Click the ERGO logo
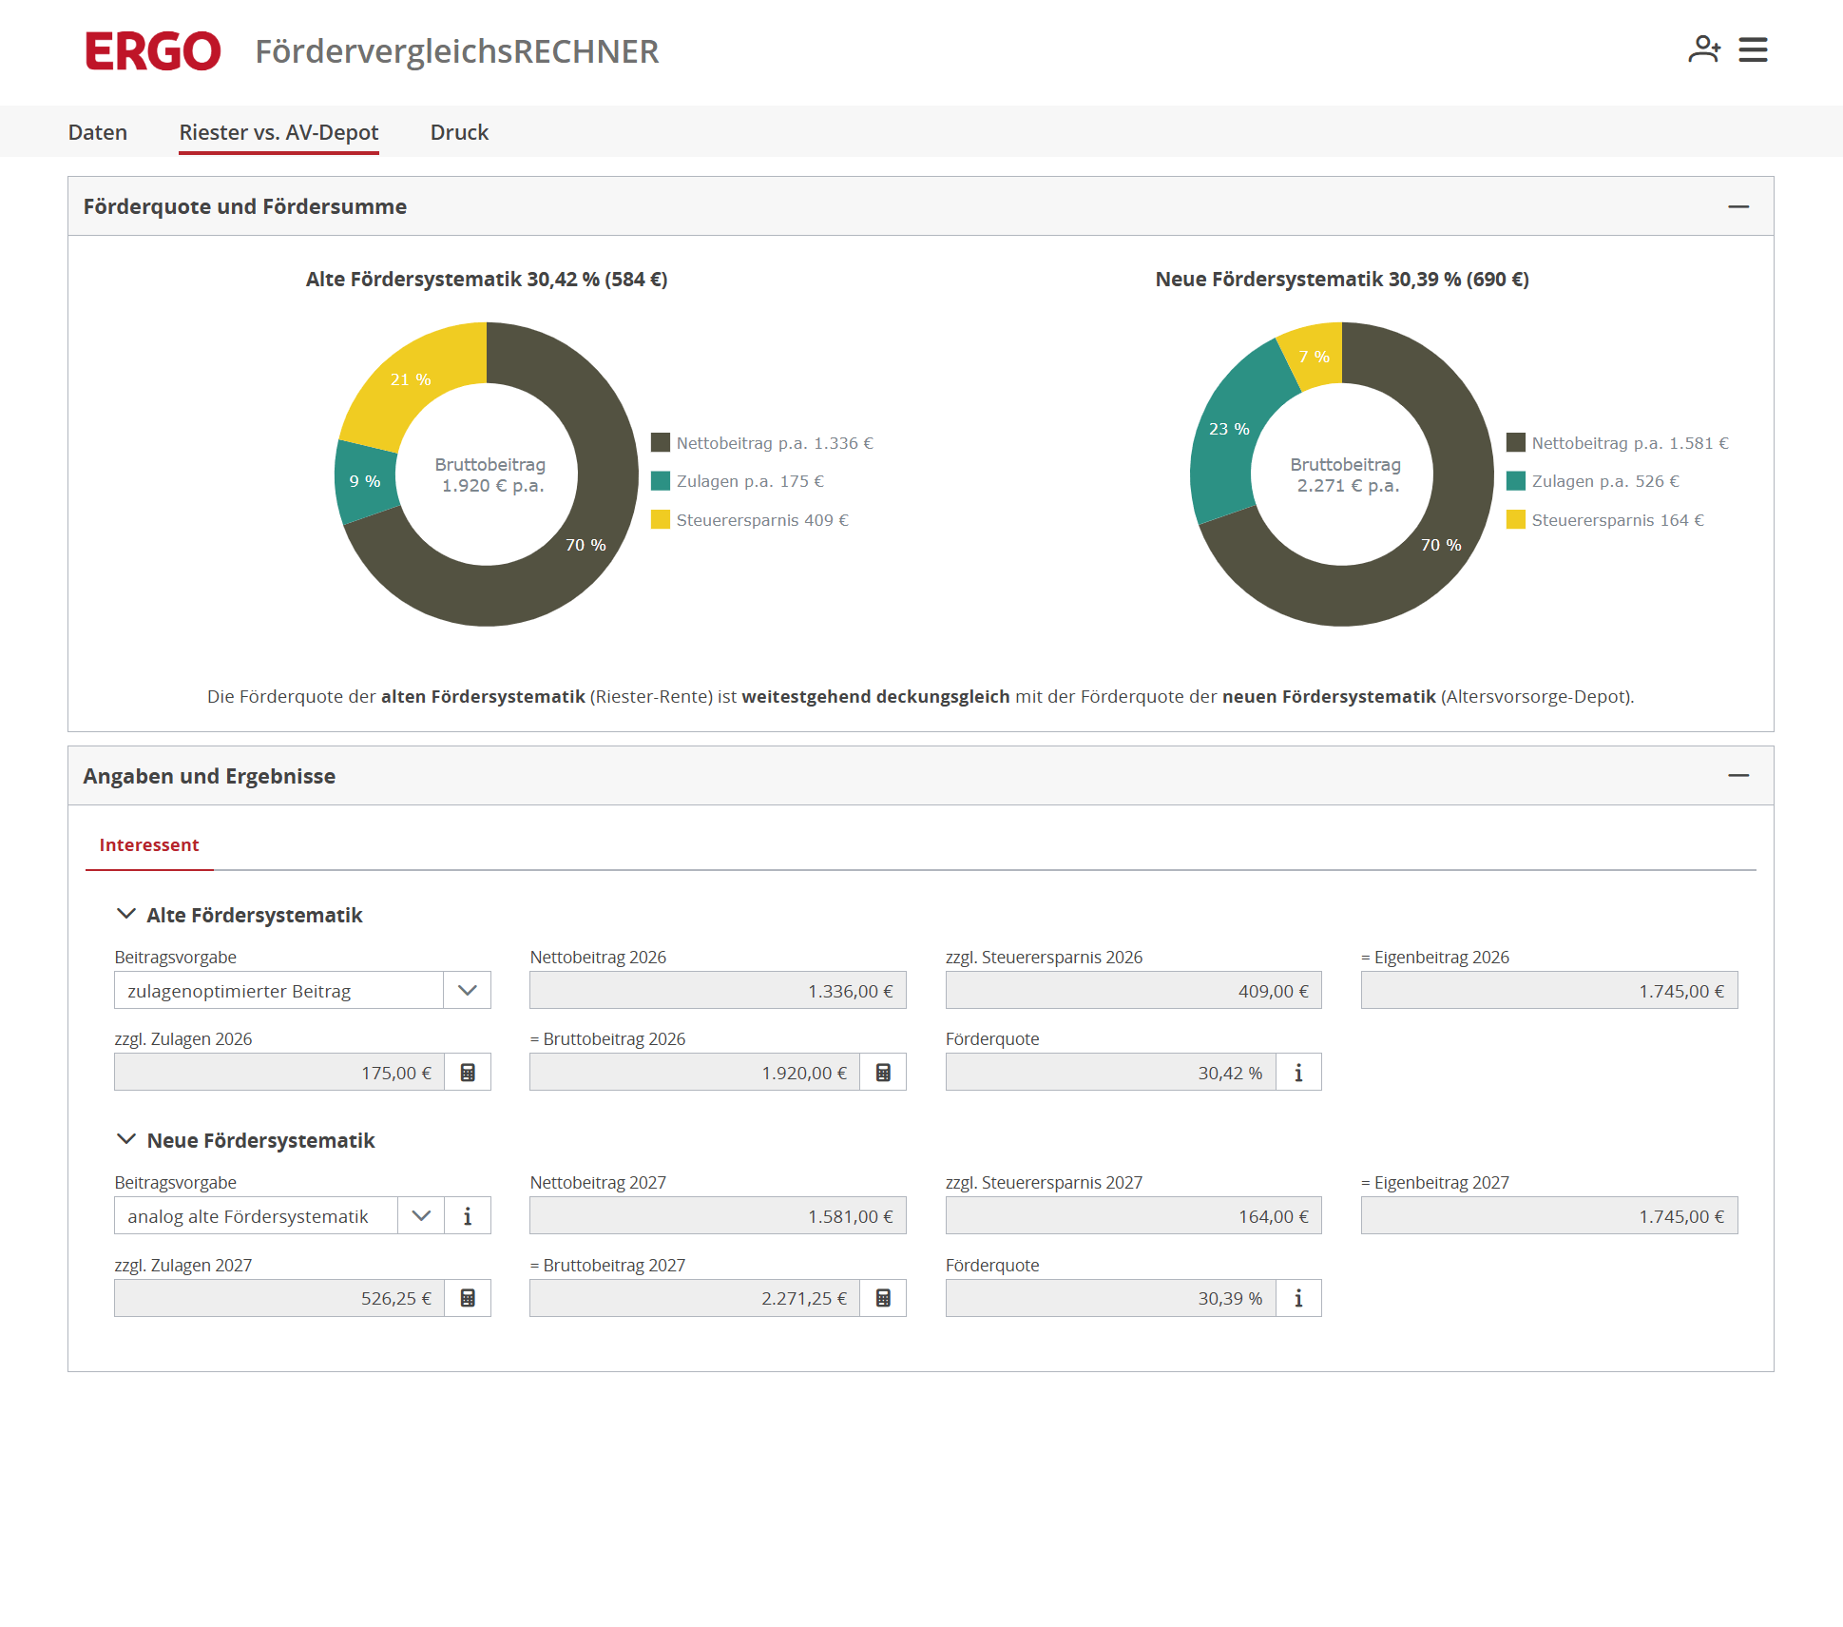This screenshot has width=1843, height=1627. (153, 51)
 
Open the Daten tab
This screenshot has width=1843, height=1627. (98, 132)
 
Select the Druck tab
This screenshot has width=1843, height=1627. (459, 132)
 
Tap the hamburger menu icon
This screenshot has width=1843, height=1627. (1753, 49)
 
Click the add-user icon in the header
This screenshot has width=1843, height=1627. (1704, 49)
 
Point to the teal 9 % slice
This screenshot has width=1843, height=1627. (365, 481)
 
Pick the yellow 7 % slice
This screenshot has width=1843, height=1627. (1315, 356)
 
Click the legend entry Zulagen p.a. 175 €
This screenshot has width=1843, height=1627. (738, 481)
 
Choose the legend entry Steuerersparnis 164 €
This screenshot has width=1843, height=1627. (1605, 520)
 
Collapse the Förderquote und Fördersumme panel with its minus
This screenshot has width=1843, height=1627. (1738, 206)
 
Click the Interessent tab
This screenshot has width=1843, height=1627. (149, 845)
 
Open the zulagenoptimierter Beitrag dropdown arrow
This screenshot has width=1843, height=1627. (467, 990)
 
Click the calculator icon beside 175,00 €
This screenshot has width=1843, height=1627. (468, 1073)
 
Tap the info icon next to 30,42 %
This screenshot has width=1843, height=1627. (1298, 1073)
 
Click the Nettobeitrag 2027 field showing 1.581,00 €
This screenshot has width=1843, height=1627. (718, 1216)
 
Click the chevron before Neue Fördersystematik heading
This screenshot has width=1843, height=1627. (125, 1139)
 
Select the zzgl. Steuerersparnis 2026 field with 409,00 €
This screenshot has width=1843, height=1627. (1133, 990)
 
